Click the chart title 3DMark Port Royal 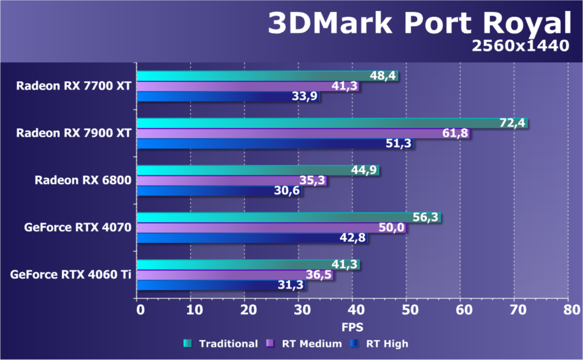[418, 23]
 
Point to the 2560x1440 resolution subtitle [520, 46]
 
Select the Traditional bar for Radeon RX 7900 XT [312, 123]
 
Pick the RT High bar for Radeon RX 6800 [204, 191]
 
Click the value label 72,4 [512, 123]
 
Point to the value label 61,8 [455, 133]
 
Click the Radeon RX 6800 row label [83, 180]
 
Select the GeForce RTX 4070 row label [78, 227]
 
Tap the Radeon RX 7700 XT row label [74, 85]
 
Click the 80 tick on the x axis [571, 310]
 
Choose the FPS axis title [352, 328]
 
